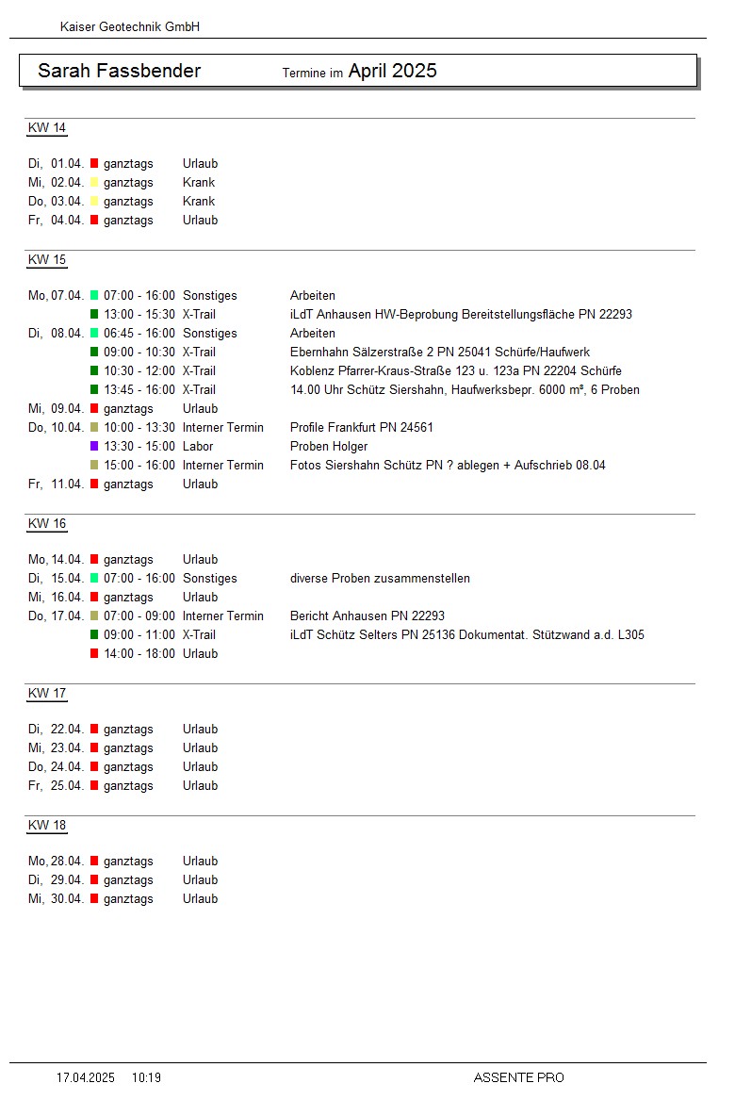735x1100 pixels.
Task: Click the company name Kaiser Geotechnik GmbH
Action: point(130,27)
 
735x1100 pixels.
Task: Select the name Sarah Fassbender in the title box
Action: point(119,72)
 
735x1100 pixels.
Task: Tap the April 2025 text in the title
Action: point(392,72)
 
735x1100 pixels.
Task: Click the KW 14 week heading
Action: point(47,128)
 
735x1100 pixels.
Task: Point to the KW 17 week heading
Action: point(47,694)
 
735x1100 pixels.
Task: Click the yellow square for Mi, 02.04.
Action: point(94,183)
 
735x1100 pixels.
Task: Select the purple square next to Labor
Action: point(94,447)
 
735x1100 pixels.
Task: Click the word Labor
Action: point(198,447)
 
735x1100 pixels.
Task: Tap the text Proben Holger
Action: point(329,447)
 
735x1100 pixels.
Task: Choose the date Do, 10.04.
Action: point(56,428)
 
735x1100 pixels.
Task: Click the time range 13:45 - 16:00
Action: point(139,390)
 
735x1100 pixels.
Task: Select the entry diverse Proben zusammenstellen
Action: point(380,579)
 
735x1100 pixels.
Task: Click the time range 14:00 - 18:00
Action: point(139,654)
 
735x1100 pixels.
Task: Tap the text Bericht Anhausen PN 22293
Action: point(367,616)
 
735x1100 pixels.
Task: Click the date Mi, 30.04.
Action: point(56,899)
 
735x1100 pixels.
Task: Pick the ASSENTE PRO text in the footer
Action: point(518,1077)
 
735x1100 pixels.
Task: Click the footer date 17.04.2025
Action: point(86,1077)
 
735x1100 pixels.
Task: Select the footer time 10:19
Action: point(146,1077)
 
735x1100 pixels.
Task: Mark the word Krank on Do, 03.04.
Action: point(199,202)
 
